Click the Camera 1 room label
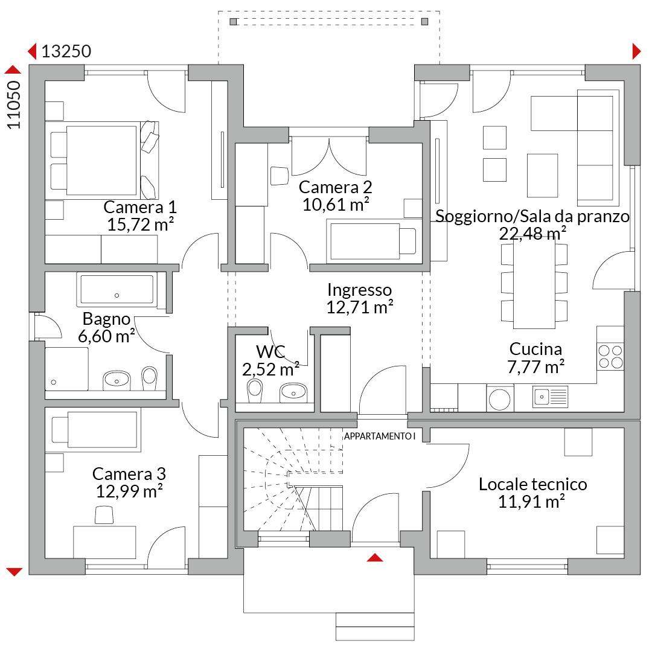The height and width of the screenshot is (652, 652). coord(140,207)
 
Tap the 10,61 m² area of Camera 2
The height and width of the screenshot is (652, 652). coord(336,205)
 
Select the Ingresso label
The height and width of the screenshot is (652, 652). coord(359,290)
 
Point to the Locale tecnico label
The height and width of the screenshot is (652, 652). coord(532,484)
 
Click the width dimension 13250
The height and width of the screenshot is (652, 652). coord(66,51)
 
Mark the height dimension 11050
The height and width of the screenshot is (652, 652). coord(14,105)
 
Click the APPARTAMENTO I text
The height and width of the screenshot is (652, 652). coord(380,436)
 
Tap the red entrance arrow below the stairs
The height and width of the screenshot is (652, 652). coord(375,558)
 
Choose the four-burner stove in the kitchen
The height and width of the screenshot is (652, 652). coord(610,356)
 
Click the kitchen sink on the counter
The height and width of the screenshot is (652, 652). coord(550,397)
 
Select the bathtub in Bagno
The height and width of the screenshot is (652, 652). coord(117,290)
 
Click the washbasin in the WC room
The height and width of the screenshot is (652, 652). coord(293,392)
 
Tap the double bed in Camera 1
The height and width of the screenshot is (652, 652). coord(102,161)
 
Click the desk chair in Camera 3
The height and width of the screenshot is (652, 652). coord(104,515)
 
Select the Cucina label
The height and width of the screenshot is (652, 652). coord(535,349)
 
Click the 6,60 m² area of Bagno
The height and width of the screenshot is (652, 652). coord(106,336)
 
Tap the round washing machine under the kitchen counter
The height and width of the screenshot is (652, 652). coord(500,398)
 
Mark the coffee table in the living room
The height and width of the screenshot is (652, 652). coord(542,176)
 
